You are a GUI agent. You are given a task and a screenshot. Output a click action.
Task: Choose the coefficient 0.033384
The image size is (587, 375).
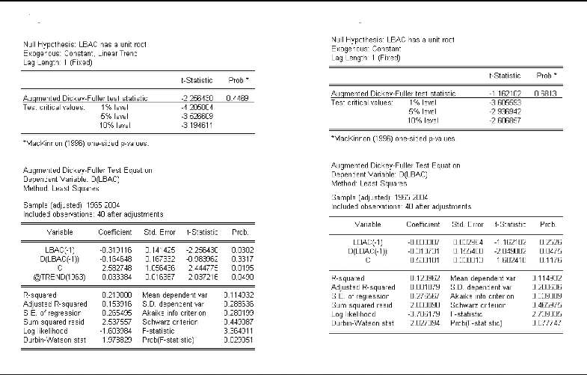tap(115, 275)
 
